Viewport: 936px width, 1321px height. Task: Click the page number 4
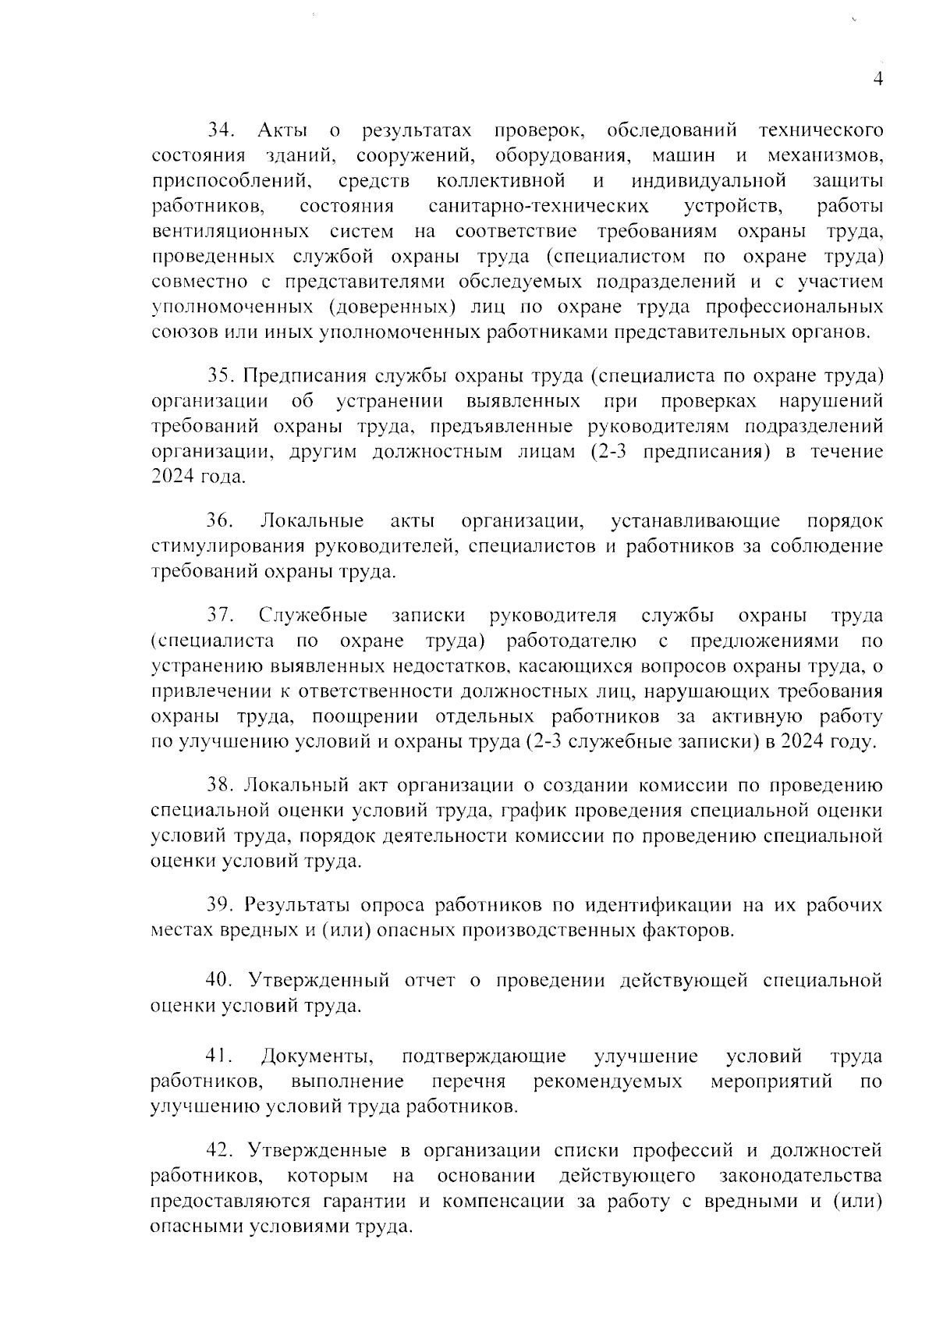[877, 80]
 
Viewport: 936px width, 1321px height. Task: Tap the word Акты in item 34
[282, 130]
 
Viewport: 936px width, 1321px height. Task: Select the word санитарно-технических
[539, 206]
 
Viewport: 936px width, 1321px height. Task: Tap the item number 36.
[220, 520]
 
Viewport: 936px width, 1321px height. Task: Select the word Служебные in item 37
[314, 616]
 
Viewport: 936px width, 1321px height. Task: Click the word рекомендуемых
[608, 1082]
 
